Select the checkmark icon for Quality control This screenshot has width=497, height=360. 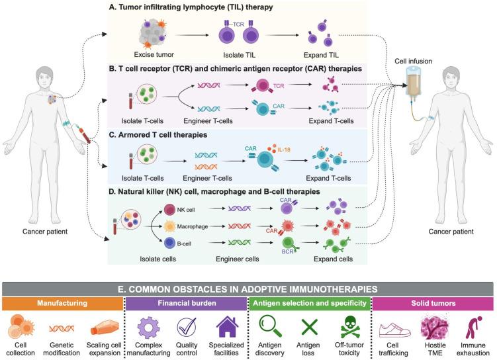pos(188,327)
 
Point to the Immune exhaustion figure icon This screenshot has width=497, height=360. pos(473,327)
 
